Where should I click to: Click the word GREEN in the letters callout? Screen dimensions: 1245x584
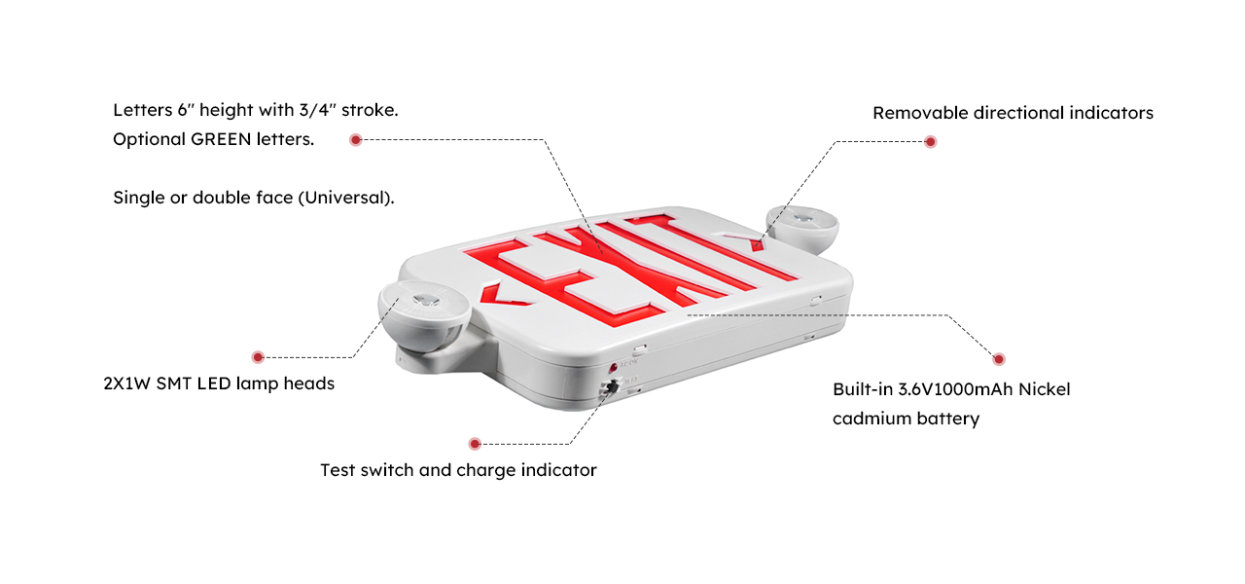click(x=221, y=139)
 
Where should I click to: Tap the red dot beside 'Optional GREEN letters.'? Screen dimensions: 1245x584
click(x=356, y=139)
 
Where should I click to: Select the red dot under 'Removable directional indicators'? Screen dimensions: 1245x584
click(x=931, y=142)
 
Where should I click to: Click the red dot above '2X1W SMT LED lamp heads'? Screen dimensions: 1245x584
click(x=258, y=357)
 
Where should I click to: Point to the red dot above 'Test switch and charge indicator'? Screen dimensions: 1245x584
click(x=474, y=444)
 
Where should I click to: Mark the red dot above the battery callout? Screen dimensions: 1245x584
click(x=999, y=359)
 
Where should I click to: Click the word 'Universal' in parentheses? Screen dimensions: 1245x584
click(x=345, y=198)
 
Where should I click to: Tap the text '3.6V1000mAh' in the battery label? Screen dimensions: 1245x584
click(x=955, y=389)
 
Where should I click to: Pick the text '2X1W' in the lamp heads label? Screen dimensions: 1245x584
click(x=126, y=383)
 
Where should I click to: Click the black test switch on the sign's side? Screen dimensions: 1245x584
click(x=613, y=386)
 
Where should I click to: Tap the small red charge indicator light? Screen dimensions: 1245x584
click(x=613, y=368)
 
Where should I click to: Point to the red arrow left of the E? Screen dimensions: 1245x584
click(x=501, y=296)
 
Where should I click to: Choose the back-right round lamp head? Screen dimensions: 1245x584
click(x=802, y=228)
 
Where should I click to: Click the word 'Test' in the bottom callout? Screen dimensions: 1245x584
click(x=338, y=470)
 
